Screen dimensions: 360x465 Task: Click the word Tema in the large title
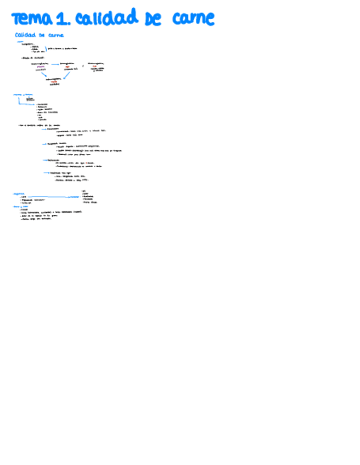tap(32, 20)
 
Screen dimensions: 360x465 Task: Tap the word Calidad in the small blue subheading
tap(25, 35)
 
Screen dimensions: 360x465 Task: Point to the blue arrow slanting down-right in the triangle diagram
tap(44, 74)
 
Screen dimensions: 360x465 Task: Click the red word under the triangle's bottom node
tap(54, 82)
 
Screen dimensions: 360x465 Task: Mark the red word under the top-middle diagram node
tap(67, 66)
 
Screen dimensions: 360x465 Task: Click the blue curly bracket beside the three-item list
tap(46, 49)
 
